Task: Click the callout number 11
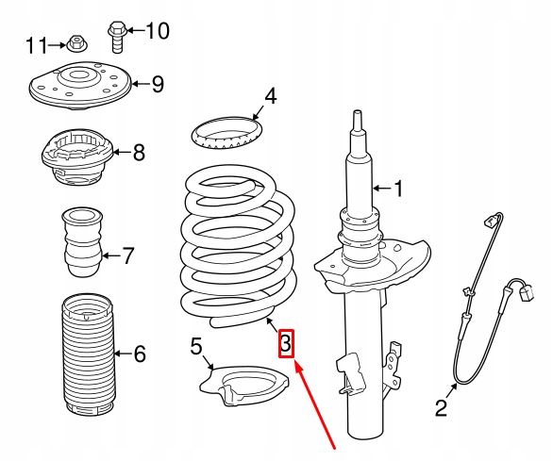(37, 45)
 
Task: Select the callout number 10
(158, 31)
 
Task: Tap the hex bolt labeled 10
(117, 38)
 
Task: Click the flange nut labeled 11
(76, 43)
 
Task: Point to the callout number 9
(158, 84)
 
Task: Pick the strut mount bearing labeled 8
(76, 156)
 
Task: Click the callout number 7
(128, 255)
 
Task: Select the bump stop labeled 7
(83, 242)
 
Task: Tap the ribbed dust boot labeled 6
(88, 354)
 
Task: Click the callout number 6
(140, 354)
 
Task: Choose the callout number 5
(196, 346)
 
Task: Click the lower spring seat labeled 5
(243, 386)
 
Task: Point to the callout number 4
(271, 96)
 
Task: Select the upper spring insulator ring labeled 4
(227, 133)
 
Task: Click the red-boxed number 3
(286, 344)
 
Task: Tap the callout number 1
(399, 189)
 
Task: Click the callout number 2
(442, 408)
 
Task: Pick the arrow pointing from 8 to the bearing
(122, 153)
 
